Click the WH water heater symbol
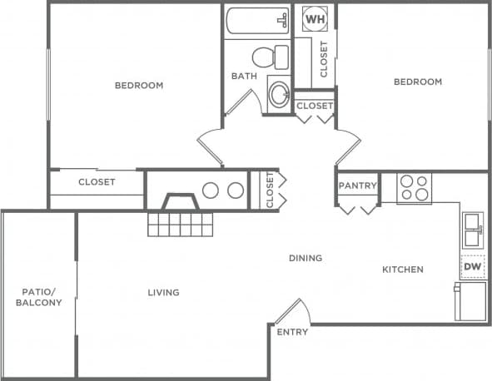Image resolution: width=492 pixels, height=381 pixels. click(x=316, y=17)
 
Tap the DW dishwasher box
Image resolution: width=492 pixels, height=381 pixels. click(x=472, y=266)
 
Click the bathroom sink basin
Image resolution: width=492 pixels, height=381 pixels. click(x=278, y=93)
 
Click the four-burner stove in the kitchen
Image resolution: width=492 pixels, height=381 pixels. click(x=413, y=188)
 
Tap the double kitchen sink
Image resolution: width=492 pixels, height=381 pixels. click(x=472, y=229)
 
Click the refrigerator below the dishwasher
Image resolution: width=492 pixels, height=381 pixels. click(x=470, y=301)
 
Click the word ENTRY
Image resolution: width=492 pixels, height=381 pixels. click(x=292, y=332)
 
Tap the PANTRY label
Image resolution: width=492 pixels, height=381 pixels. click(x=358, y=186)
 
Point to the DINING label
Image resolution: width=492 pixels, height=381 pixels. click(x=305, y=258)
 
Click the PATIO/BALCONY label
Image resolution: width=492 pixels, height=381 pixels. click(x=38, y=297)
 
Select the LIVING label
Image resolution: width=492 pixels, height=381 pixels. click(x=163, y=292)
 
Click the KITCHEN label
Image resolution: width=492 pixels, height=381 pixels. click(x=403, y=269)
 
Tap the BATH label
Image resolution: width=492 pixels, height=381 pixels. click(x=244, y=77)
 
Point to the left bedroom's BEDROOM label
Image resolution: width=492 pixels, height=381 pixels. click(x=138, y=85)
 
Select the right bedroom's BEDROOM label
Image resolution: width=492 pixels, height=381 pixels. click(x=417, y=82)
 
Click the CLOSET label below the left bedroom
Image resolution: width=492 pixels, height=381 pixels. click(x=97, y=181)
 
